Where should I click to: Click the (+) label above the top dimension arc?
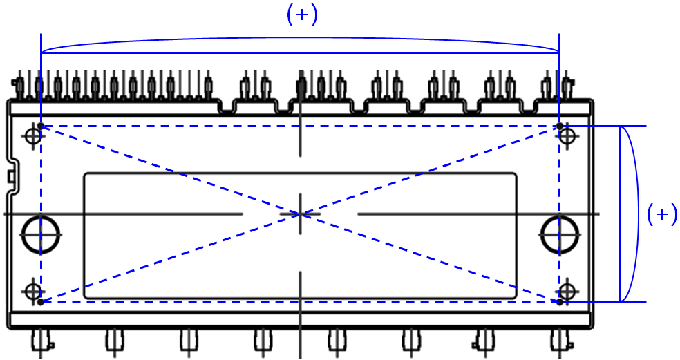[302, 16]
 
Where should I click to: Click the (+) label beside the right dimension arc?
[661, 214]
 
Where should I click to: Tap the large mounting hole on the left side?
[39, 234]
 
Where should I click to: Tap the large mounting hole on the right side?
[558, 234]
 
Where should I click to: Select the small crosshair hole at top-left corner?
[32, 135]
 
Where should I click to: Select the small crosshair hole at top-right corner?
[567, 135]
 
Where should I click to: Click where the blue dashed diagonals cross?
[301, 214]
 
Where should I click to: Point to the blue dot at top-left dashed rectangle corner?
[41, 126]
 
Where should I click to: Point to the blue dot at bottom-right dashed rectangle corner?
[559, 302]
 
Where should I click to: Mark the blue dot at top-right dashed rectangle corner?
[559, 126]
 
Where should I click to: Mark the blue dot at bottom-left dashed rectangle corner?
[41, 302]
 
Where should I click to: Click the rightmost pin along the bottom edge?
[558, 341]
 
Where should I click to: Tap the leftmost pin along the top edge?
[21, 87]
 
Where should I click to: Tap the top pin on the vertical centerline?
[301, 86]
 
